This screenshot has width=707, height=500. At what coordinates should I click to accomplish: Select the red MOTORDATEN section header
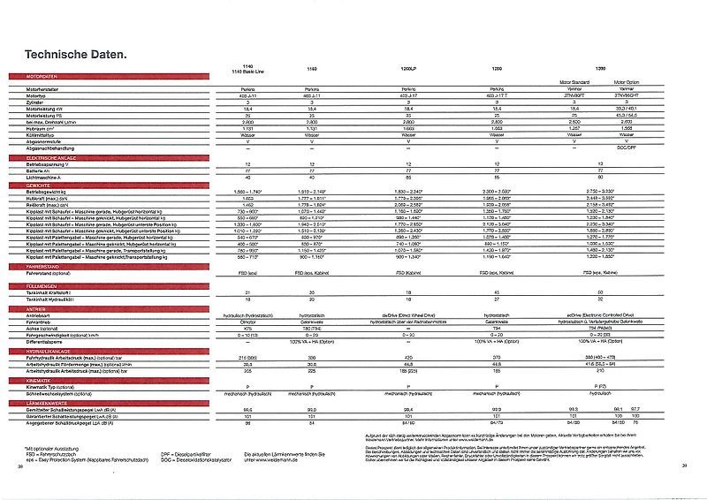pos(31,78)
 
